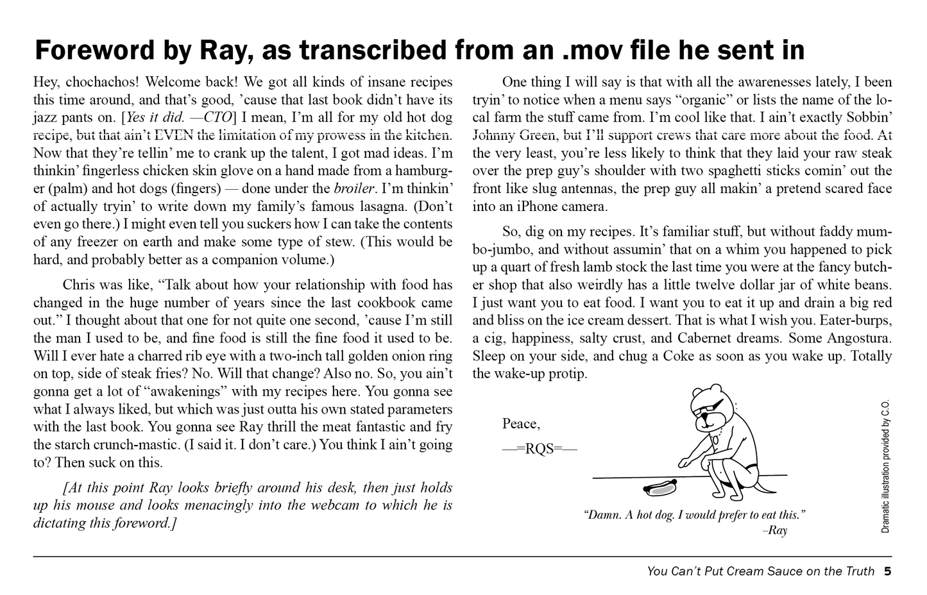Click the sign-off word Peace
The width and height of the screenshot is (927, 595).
(521, 424)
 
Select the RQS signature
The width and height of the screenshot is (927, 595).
(540, 449)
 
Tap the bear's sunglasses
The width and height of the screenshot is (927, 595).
(708, 404)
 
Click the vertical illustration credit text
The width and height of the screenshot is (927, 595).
(886, 467)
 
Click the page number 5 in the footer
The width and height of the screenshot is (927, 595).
(887, 571)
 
